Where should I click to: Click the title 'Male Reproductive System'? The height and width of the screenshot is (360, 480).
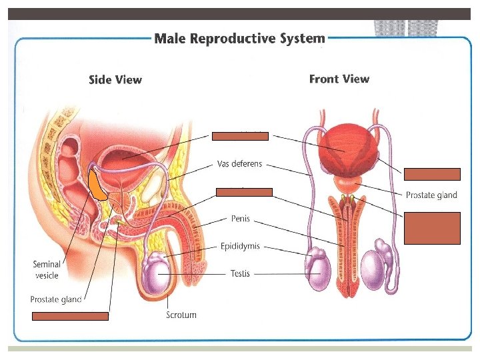coord(239,39)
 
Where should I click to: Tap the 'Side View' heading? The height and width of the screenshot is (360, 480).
coord(115,80)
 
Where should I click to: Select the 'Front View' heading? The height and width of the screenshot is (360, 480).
coord(339,79)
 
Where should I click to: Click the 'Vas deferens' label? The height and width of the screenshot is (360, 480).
coord(240,163)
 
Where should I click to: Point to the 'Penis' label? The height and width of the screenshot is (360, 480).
coord(241,218)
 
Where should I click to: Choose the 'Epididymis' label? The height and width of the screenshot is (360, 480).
coord(240,247)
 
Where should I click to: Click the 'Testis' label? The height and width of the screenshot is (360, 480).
coord(240,273)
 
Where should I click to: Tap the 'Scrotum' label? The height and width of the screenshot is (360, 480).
coord(181,315)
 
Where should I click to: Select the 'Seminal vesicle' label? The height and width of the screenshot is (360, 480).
coord(47,270)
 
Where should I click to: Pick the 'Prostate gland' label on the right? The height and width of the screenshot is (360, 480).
coord(431,195)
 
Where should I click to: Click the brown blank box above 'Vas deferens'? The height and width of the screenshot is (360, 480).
coord(240,136)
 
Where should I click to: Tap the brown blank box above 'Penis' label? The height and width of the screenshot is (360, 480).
coord(244,192)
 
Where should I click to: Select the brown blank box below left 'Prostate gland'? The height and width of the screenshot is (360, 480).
coord(71,316)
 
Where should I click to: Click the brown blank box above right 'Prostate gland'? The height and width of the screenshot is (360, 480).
coord(431,175)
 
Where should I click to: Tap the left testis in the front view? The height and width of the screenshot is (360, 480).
coord(319,273)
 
